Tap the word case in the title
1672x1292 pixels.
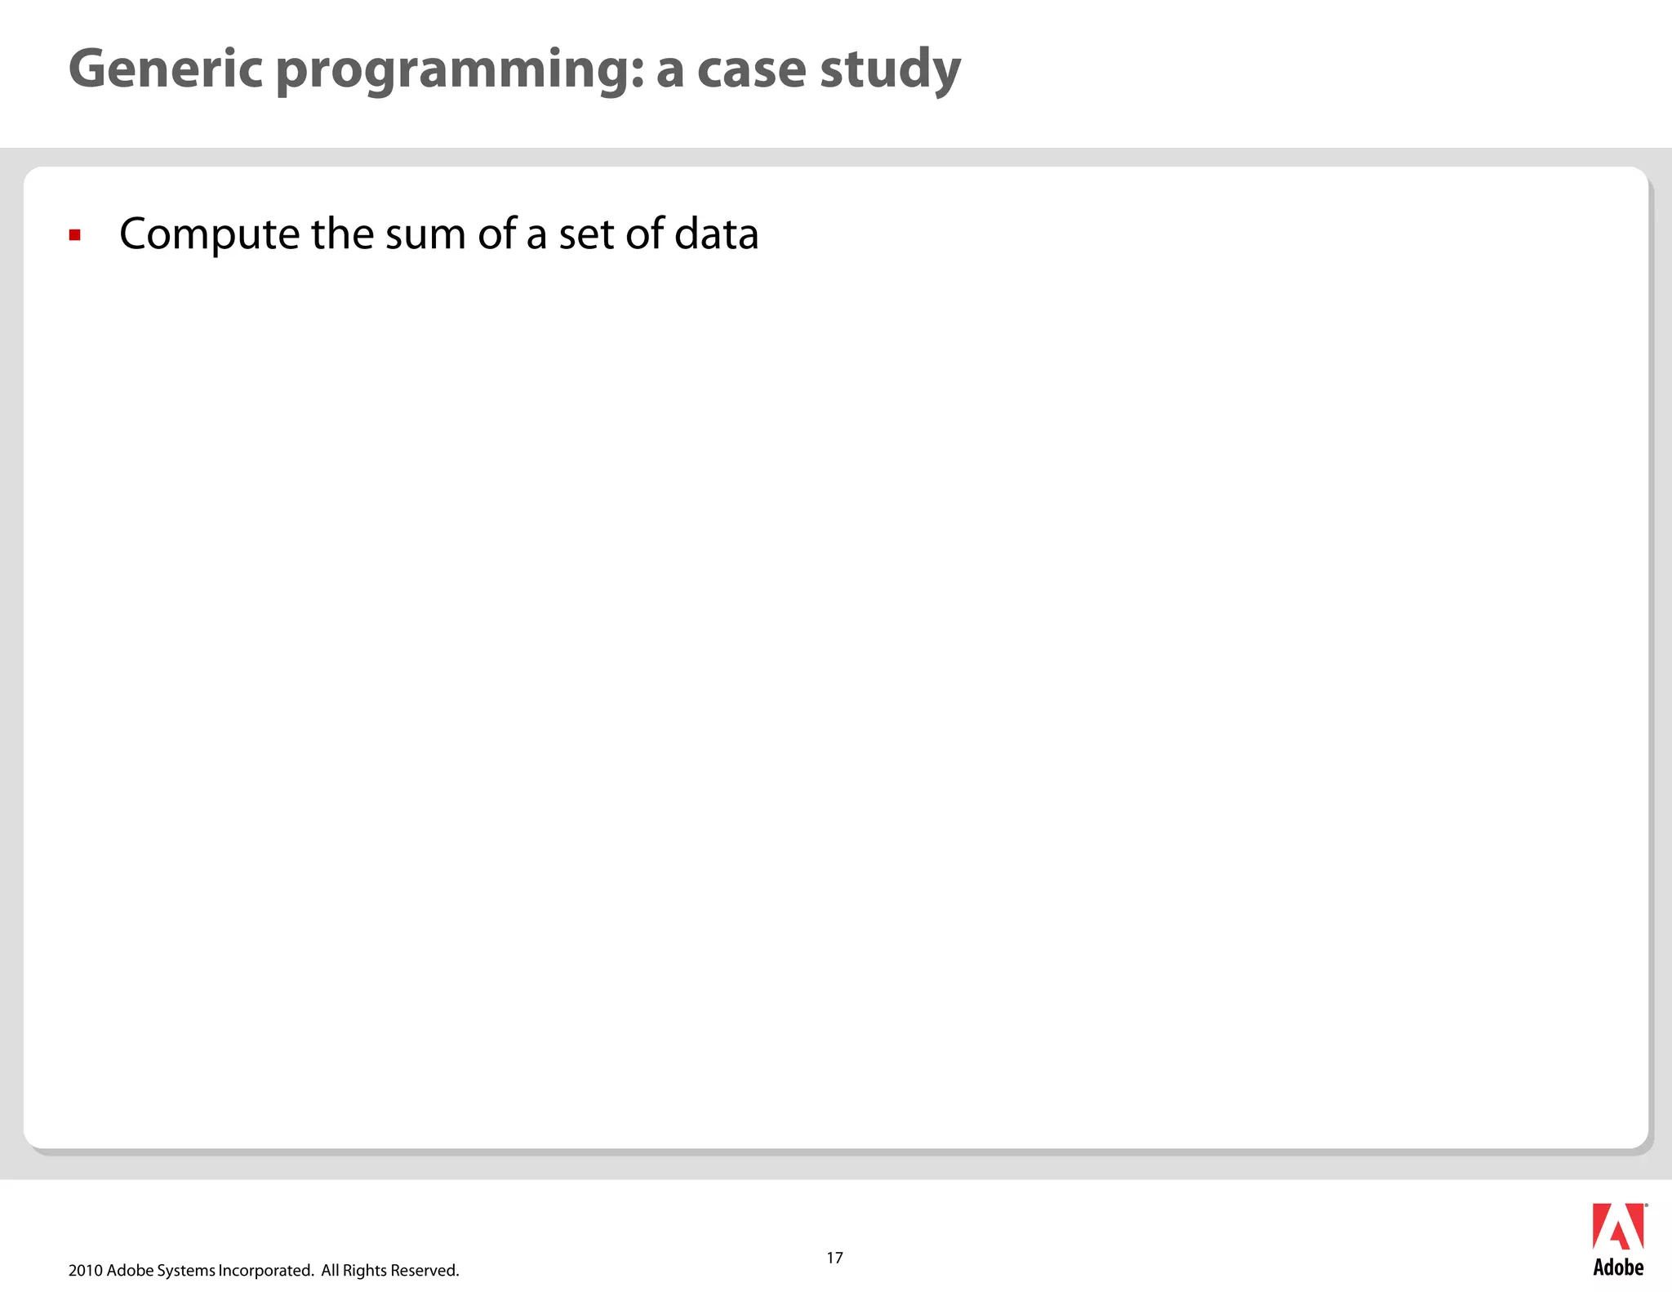[x=750, y=70]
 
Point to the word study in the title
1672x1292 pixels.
[x=890, y=70]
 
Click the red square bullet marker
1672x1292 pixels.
[x=75, y=236]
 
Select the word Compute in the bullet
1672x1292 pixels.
[x=209, y=235]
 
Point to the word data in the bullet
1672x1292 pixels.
[x=716, y=234]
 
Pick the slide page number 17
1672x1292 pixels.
[x=834, y=1258]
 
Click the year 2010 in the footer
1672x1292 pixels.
[x=85, y=1271]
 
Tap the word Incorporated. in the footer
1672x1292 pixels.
[x=266, y=1271]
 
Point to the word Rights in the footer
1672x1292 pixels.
[x=364, y=1271]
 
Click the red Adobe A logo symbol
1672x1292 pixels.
[x=1617, y=1227]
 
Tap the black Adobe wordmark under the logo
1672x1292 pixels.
[x=1618, y=1267]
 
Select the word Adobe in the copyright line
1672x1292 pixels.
[x=129, y=1271]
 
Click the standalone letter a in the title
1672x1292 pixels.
[x=669, y=70]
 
